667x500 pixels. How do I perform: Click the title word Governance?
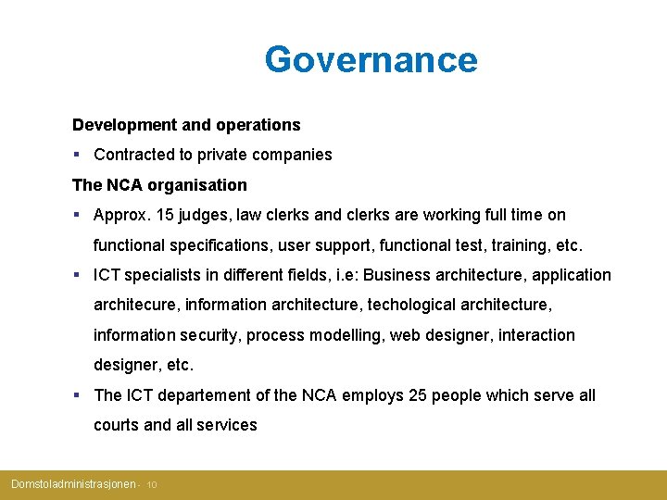(x=371, y=59)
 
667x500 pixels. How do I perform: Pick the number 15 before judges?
(x=165, y=215)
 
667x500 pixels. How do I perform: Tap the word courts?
(x=117, y=426)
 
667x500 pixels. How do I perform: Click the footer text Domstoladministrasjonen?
(x=72, y=484)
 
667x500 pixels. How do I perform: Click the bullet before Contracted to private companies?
(x=76, y=155)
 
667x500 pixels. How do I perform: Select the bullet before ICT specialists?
(x=76, y=275)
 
